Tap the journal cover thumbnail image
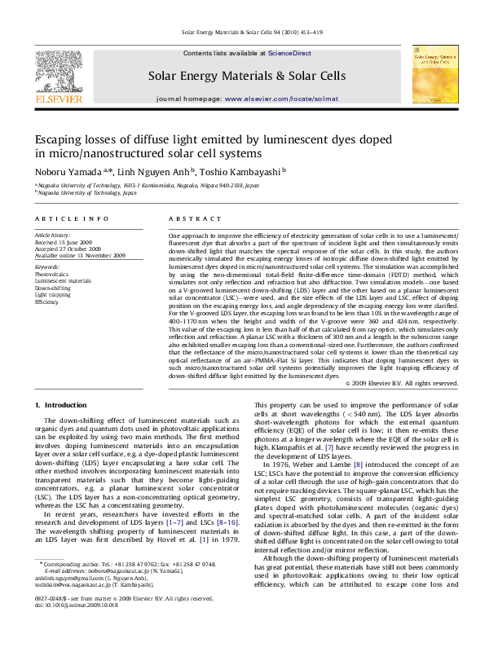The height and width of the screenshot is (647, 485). tap(434, 73)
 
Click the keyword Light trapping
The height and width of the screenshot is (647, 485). tap(52, 295)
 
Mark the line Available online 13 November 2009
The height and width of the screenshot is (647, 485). tap(80, 255)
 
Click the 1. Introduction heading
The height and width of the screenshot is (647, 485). tap(61, 405)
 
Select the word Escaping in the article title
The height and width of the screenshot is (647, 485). tap(63, 139)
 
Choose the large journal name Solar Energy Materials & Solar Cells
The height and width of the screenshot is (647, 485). tap(247, 76)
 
